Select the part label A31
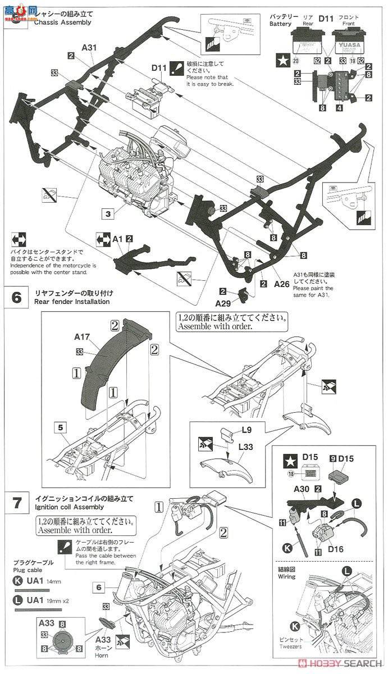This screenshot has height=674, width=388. point(89,47)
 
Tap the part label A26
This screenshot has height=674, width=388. point(281,284)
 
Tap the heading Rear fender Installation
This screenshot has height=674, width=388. point(72,301)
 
